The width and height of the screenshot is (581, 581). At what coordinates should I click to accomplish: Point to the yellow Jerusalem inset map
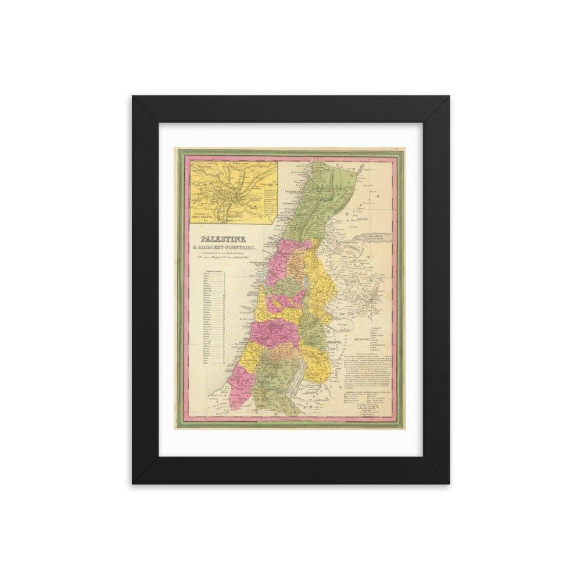point(232,192)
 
